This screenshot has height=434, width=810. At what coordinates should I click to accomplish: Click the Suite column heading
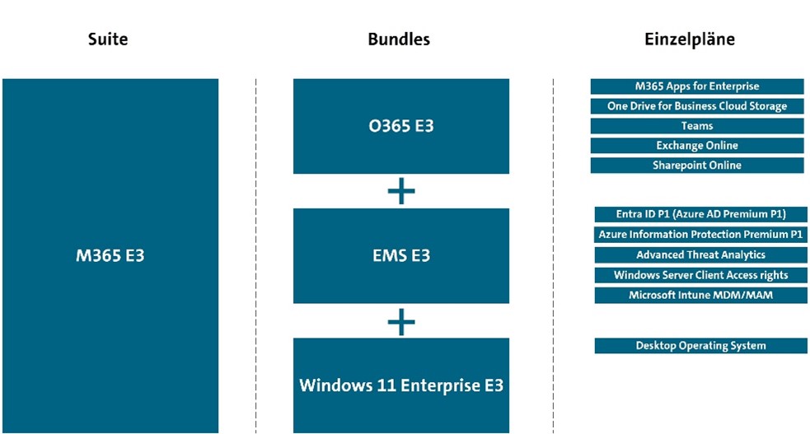[108, 39]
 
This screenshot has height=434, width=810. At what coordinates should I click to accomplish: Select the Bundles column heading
[400, 39]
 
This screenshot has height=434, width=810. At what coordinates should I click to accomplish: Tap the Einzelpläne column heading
[689, 39]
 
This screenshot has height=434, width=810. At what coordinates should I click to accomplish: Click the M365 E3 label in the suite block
[110, 255]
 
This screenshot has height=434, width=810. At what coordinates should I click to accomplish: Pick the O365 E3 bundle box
[400, 126]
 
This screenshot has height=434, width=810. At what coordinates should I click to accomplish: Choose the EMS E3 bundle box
[400, 255]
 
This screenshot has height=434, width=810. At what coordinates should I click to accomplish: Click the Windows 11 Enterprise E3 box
[400, 385]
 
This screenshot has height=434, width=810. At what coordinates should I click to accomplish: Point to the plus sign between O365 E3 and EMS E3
[401, 192]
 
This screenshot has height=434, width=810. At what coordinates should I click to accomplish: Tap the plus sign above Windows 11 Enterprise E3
[401, 321]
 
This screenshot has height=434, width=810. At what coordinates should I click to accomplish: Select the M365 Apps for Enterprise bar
[696, 86]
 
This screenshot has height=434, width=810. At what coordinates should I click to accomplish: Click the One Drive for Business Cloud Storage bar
[696, 106]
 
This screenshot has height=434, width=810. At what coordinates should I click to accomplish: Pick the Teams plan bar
[696, 126]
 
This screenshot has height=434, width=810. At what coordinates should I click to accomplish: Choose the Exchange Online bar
[696, 146]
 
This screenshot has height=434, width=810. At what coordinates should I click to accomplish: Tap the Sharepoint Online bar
[696, 166]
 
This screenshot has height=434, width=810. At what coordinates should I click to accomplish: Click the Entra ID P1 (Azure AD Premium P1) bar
[700, 214]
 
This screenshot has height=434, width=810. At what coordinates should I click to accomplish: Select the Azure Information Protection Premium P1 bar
[700, 235]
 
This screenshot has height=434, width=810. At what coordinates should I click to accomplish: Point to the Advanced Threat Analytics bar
[700, 255]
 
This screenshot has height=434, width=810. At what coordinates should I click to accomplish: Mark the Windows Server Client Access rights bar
[700, 275]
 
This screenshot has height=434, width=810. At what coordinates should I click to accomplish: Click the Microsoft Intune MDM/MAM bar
[700, 295]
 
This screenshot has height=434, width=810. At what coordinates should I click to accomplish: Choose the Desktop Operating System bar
[700, 346]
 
